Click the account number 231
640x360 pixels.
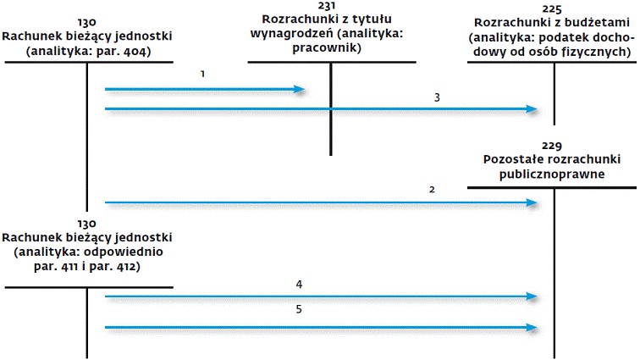tap(327, 6)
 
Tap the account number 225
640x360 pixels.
tap(552, 9)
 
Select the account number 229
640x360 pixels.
tap(552, 146)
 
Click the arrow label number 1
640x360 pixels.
tap(202, 74)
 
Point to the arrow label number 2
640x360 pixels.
tap(432, 190)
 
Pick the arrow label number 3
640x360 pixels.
tap(437, 97)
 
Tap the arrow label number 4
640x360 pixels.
tap(299, 285)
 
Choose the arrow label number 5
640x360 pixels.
tap(299, 309)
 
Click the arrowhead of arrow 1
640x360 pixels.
tap(299, 90)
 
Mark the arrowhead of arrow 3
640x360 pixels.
tap(532, 109)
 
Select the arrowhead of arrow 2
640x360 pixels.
tap(532, 202)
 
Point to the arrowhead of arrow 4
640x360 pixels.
tap(532, 296)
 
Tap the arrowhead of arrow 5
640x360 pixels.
tap(532, 327)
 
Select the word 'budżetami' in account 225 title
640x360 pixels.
tap(599, 23)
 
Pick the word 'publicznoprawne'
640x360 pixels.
tap(552, 174)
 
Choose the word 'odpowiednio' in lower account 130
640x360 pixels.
tap(124, 252)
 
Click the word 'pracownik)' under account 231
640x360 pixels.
tap(327, 48)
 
